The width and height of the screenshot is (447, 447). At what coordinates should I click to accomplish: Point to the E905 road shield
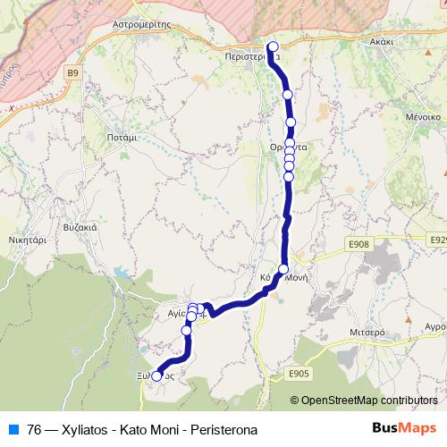(298, 374)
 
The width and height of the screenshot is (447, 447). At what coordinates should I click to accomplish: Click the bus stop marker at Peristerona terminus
(273, 47)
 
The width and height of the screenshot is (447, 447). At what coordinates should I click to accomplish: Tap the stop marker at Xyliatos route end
(156, 376)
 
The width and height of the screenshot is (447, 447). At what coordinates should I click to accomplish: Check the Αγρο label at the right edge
(434, 326)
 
